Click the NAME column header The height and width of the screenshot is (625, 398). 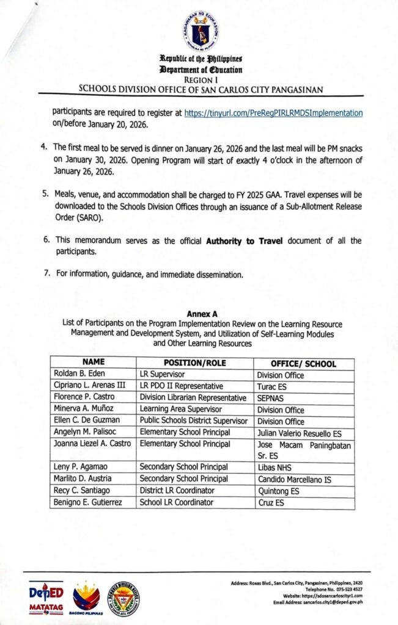(94, 363)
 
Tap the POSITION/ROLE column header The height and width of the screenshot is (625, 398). (194, 363)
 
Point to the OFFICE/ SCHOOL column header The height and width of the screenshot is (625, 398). (303, 364)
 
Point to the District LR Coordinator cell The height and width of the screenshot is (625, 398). (177, 491)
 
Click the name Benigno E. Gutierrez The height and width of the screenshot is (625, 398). (90, 502)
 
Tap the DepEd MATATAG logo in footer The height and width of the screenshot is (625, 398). (46, 599)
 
